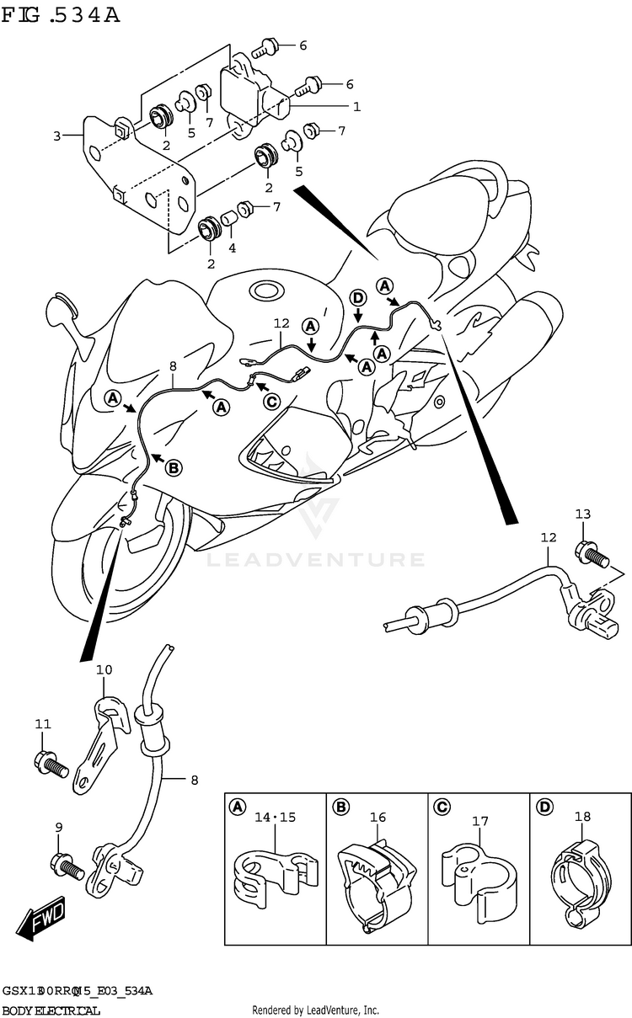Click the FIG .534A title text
[x=62, y=17]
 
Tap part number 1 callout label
[x=356, y=107]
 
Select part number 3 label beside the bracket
[x=56, y=136]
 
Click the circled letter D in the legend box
[x=544, y=807]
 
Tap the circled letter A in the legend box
[x=238, y=807]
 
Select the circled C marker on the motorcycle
[x=271, y=401]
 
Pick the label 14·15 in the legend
[x=276, y=817]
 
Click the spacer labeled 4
[x=228, y=225]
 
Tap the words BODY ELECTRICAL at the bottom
[x=51, y=1010]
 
